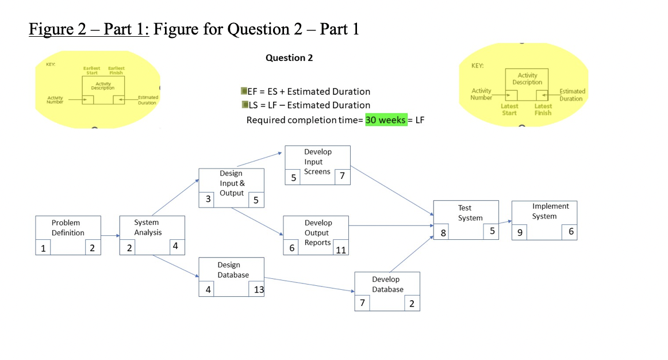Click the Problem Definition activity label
68,227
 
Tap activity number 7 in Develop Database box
362,303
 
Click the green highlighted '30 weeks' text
386,120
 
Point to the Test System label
470,213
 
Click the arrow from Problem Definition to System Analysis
110,236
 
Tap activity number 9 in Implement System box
520,233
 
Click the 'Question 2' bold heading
289,58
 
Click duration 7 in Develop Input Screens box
342,177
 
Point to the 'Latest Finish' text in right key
543,109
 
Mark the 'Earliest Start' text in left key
92,70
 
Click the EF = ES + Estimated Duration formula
309,91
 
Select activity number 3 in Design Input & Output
208,200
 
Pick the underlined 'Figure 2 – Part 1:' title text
89,29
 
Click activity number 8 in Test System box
443,233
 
